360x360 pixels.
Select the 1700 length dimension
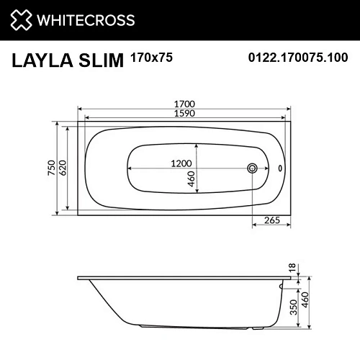click(185, 103)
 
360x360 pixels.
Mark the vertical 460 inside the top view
click(192, 179)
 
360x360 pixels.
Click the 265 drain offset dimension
click(271, 220)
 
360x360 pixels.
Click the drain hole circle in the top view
click(252, 169)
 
